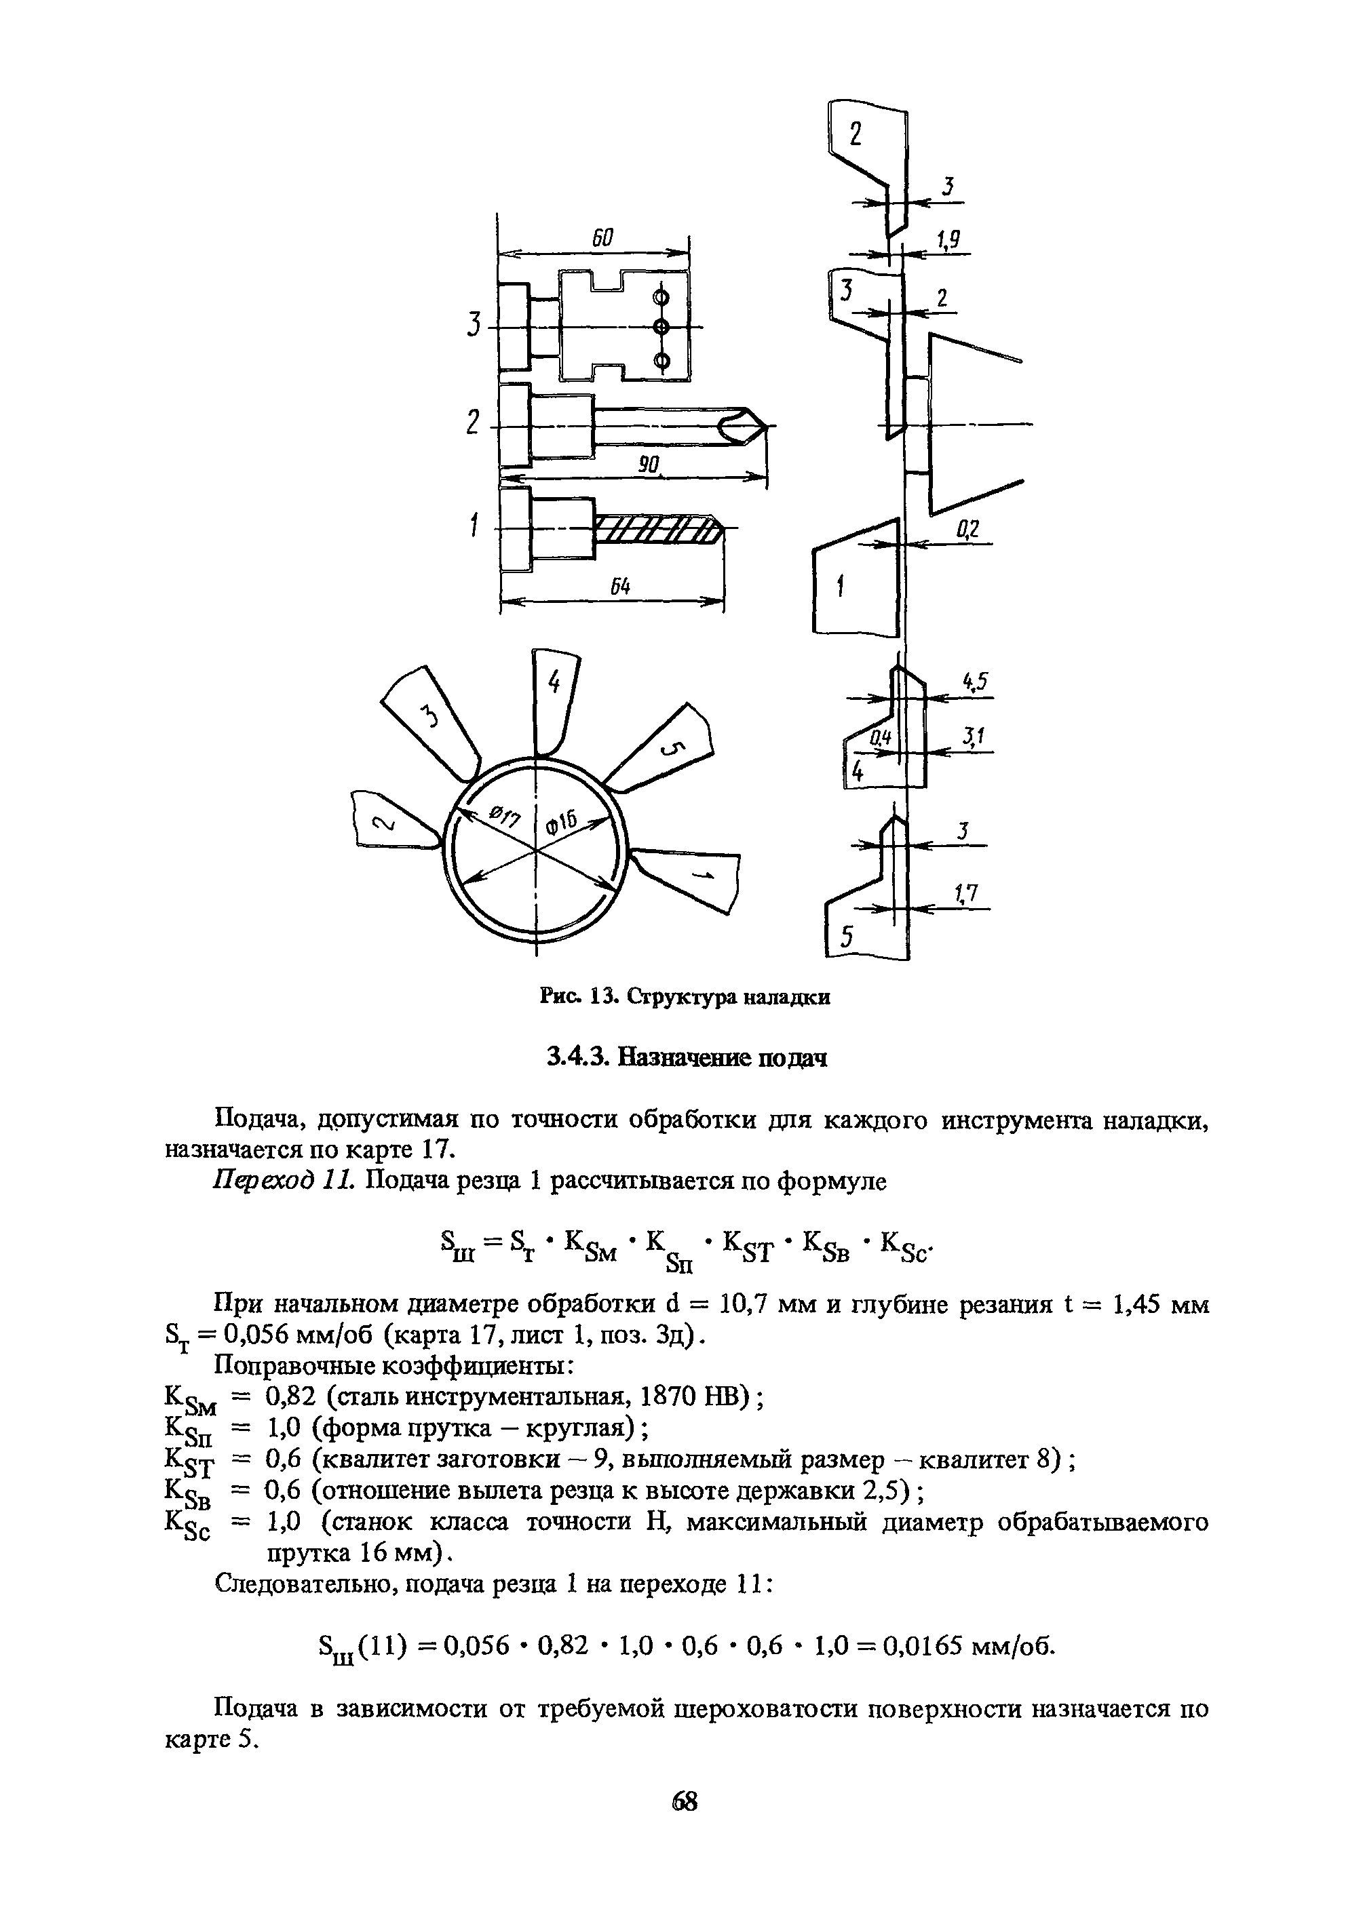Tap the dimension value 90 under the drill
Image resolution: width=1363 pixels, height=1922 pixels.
coord(647,464)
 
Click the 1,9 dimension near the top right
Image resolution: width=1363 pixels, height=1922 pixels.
coord(948,241)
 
